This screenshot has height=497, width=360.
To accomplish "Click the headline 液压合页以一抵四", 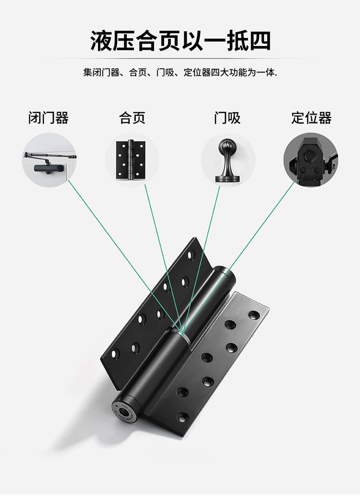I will pyautogui.click(x=180, y=41).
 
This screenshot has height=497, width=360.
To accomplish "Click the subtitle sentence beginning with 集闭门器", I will pyautogui.click(x=180, y=73).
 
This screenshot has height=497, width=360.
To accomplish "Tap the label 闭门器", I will pyautogui.click(x=48, y=118).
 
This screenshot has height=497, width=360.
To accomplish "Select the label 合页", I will pyautogui.click(x=132, y=118).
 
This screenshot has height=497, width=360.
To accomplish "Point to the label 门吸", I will pyautogui.click(x=227, y=118).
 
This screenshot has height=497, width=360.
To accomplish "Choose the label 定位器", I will pyautogui.click(x=311, y=118).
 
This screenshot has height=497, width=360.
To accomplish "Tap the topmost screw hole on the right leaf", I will pyautogui.click(x=254, y=315).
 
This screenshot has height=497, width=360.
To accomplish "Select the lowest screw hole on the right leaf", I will pyautogui.click(x=182, y=416).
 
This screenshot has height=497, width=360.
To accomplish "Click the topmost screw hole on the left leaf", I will pyautogui.click(x=192, y=254).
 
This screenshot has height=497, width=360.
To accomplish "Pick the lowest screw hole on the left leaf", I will pyautogui.click(x=115, y=355).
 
